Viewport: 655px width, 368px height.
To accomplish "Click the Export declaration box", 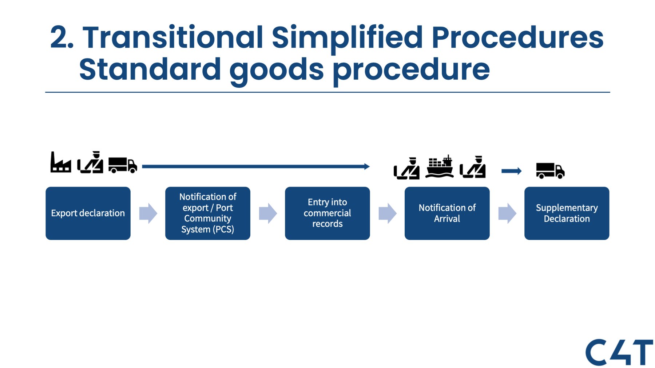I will tap(88, 213).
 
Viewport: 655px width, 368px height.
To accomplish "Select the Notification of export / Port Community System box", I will tap(207, 213).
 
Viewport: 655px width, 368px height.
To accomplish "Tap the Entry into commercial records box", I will tap(327, 213).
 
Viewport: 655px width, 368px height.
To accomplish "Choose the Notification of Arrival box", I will tap(447, 213).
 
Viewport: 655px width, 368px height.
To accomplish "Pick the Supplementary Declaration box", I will tap(567, 213).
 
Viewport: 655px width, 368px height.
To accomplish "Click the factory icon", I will tap(60, 163).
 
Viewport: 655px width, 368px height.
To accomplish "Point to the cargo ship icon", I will tap(440, 167).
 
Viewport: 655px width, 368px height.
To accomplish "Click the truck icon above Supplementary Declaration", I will tap(550, 171).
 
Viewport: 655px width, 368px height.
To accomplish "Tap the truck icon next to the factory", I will tap(123, 165).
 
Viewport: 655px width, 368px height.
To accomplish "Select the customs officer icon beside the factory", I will tap(91, 163).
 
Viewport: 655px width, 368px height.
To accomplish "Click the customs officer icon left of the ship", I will tap(407, 168).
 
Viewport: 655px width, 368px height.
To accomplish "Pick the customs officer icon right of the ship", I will tap(473, 167).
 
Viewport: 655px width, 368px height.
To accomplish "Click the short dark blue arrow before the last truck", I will tap(511, 171).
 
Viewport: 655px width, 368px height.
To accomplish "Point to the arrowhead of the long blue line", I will tap(367, 167).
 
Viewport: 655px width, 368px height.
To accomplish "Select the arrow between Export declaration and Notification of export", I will tap(148, 213).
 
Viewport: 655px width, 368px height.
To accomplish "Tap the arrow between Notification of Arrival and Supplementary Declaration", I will tap(507, 213).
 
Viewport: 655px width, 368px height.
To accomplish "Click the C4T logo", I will tap(619, 352).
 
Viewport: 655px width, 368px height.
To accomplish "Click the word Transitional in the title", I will tap(173, 37).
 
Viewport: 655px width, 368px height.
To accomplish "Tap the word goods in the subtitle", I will tap(277, 70).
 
